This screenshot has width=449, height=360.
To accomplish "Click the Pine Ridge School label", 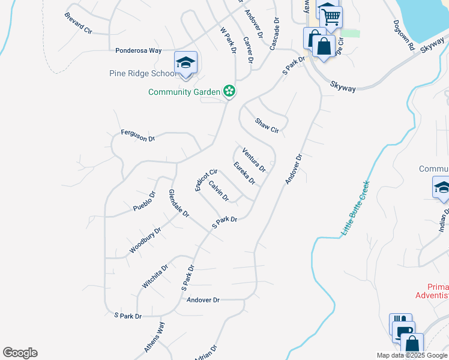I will coord(143,74).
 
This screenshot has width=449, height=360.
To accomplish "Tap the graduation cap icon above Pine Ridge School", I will coord(186,62).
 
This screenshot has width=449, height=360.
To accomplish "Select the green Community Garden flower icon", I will coord(229,91).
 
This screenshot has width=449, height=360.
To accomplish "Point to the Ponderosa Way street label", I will coord(139,51).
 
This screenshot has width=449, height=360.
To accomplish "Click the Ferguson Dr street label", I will coord(138,136).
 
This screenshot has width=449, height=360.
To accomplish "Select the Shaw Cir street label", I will coord(267,125).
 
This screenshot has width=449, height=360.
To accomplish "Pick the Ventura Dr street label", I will coord(254,160).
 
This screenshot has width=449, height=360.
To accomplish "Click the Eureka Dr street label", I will coord(245,173).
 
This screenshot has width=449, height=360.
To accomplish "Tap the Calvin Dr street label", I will coord(219,191).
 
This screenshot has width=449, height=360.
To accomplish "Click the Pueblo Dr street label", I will coord(144,202).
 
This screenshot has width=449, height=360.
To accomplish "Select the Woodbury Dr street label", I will coord(145,240).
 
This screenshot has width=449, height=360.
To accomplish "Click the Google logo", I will coord(20,353).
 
